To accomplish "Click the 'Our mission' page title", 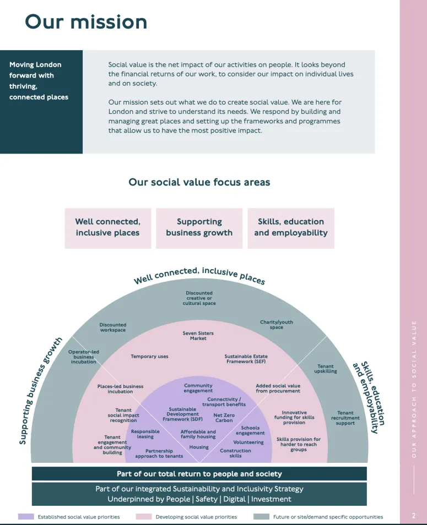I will coord(86,22).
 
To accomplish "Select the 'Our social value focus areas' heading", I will coord(199,182).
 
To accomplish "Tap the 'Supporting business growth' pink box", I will coord(199,227).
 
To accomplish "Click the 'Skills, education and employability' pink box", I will coord(291,227).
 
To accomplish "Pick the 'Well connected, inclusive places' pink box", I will coord(108,227).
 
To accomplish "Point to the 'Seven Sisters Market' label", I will coord(198,336).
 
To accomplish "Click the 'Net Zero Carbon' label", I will coord(224,418).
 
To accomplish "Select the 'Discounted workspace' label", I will coord(112,327).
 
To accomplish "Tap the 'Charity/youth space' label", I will coord(277,325).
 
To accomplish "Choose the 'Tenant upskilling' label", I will coord(326,369).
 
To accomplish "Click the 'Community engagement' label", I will coord(198,389).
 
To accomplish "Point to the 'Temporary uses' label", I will coord(149,357).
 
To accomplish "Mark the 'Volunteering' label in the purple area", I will coord(248,442).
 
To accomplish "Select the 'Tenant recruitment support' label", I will coord(345,418).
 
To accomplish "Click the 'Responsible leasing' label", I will coord(145,434).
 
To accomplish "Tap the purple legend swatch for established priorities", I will coord(26,517).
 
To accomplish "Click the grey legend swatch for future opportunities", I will coord(261,517).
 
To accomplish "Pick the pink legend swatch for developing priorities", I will coord(144,517).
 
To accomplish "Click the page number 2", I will coord(414,516).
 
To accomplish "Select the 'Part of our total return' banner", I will coord(199,474).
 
